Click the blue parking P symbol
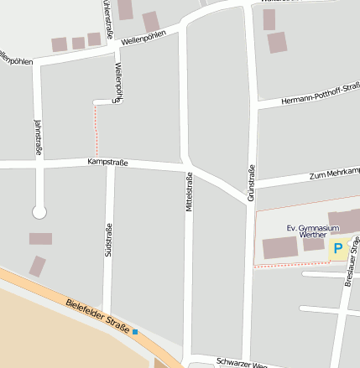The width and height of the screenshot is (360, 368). (338, 248)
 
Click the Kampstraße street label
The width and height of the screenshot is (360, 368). (107, 162)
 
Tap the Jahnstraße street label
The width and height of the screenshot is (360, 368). (37, 137)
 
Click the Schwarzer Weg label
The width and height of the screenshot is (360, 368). (241, 362)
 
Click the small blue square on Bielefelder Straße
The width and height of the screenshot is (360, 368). (135, 333)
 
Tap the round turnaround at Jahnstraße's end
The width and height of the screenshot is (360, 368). (39, 212)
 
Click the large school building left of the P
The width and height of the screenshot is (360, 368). (279, 248)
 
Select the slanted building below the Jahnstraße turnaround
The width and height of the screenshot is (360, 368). (37, 267)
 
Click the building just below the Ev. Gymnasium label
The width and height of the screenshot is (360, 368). (313, 243)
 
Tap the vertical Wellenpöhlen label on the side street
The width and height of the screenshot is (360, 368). (118, 83)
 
